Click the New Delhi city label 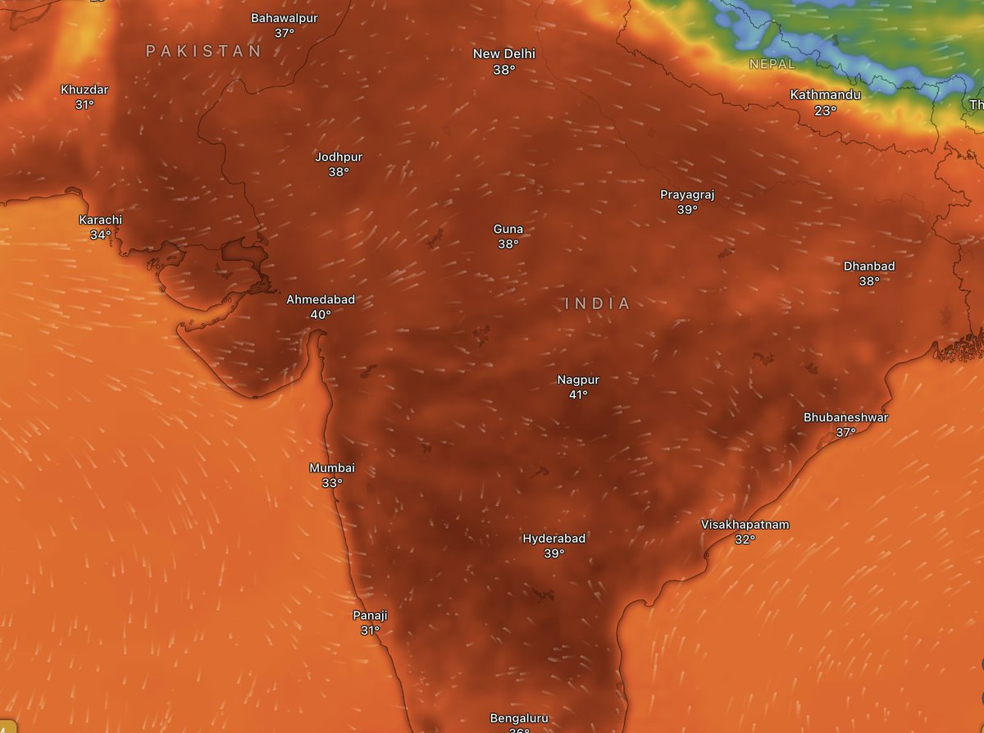tap(503, 54)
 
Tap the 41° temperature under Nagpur tap(578, 395)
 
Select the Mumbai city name tap(331, 468)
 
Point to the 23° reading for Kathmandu tap(825, 111)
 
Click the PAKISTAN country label tap(203, 51)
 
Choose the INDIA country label tap(598, 303)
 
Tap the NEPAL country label tap(772, 64)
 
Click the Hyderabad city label tap(554, 539)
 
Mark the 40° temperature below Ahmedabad tap(321, 315)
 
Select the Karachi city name tap(100, 220)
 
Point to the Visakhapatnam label tap(745, 524)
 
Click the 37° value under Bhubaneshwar tap(845, 433)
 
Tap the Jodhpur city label tap(339, 157)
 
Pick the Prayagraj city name tap(687, 194)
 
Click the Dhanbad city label tap(869, 266)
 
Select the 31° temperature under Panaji tap(370, 631)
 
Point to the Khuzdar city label tap(84, 89)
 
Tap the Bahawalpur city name tap(285, 17)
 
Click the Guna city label tap(508, 229)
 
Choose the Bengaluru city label tap(518, 718)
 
